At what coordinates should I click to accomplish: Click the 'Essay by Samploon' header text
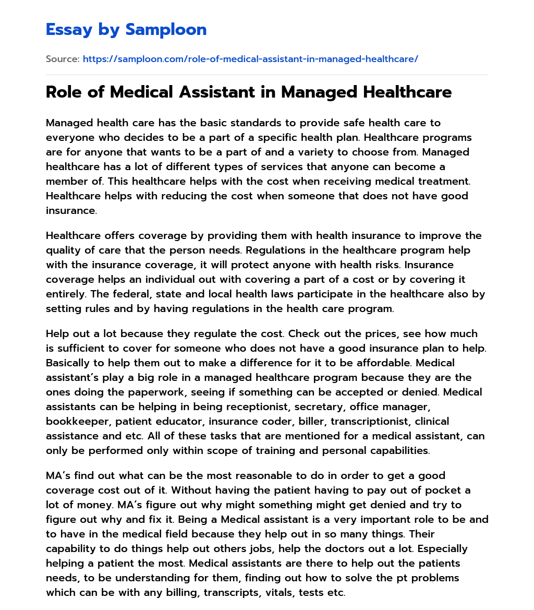point(126,30)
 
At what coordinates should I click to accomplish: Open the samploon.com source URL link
point(250,59)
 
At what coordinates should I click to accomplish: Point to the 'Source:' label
point(63,59)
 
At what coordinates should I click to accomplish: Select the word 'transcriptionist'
point(362,421)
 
